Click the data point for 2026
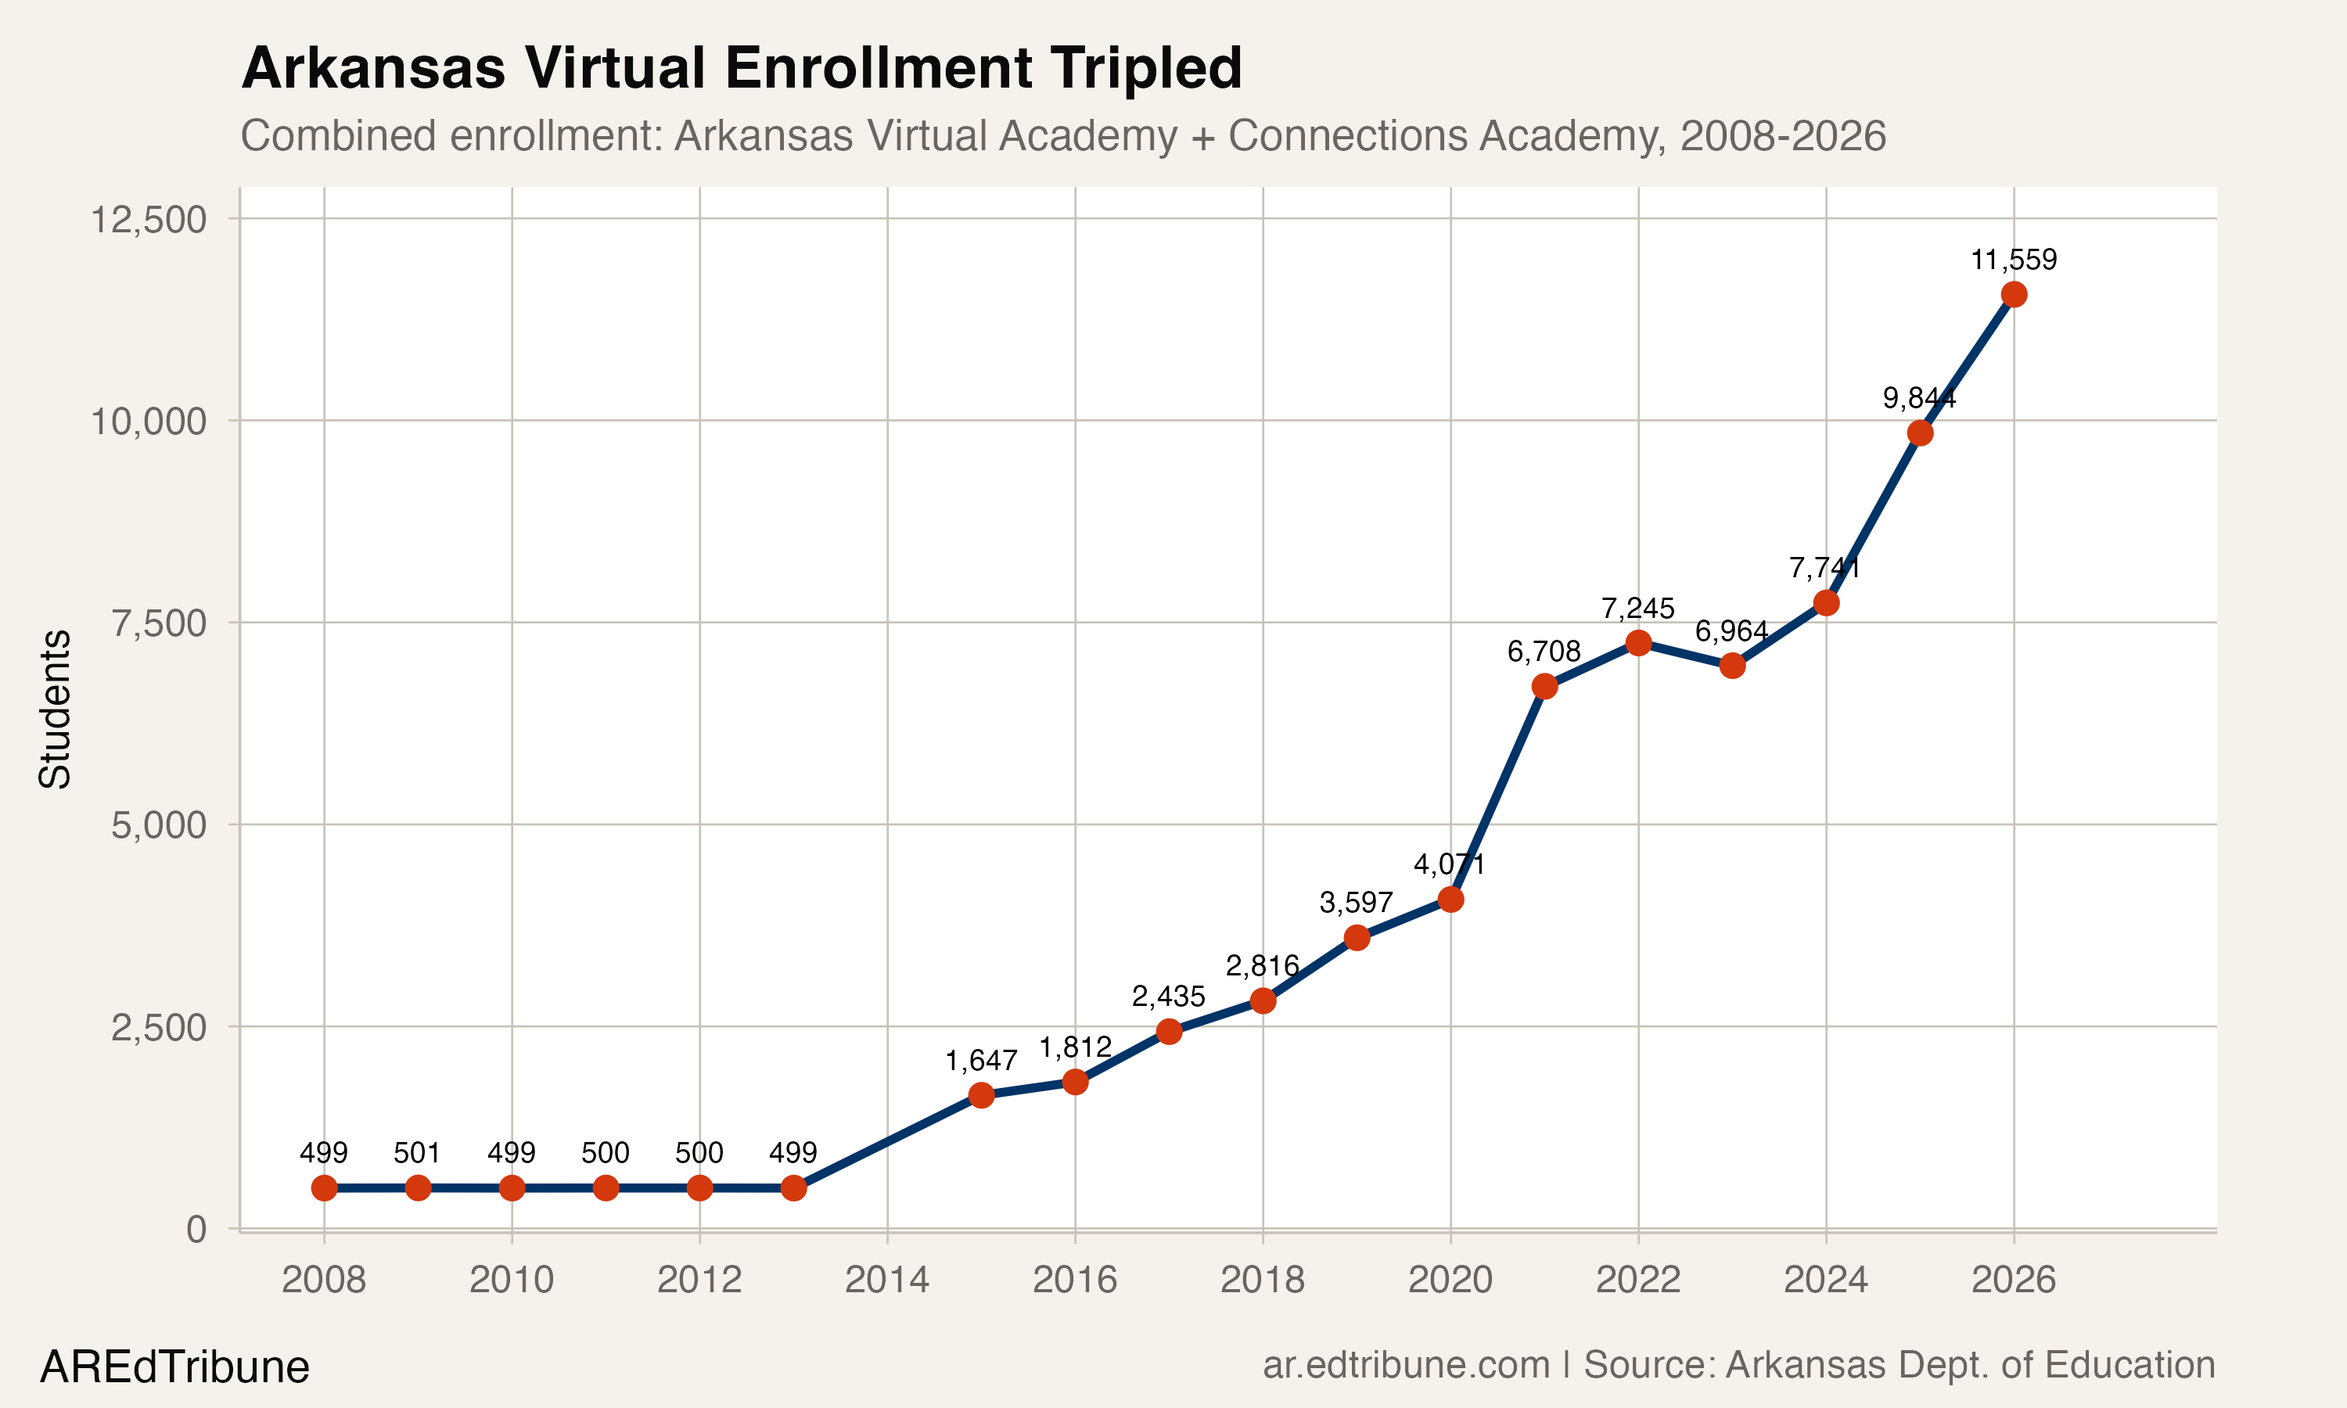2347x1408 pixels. pyautogui.click(x=2013, y=294)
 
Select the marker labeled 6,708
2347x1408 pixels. pyautogui.click(x=1544, y=686)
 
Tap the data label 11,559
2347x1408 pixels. pyautogui.click(x=2013, y=260)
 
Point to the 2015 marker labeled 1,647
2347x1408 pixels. pyautogui.click(x=981, y=1095)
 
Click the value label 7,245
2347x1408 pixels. pyautogui.click(x=1637, y=608)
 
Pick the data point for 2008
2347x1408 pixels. pyautogui.click(x=325, y=1188)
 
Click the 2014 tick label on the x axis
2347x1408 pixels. pyautogui.click(x=887, y=1280)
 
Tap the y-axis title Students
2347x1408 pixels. pyautogui.click(x=55, y=709)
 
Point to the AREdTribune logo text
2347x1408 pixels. pyautogui.click(x=174, y=1367)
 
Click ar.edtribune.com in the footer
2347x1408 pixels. pyautogui.click(x=1406, y=1364)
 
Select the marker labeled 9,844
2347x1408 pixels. pyautogui.click(x=1919, y=433)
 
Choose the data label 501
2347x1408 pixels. pyautogui.click(x=418, y=1153)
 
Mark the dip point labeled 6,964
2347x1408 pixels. pyautogui.click(x=1731, y=665)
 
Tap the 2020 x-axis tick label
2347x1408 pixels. pyautogui.click(x=1450, y=1280)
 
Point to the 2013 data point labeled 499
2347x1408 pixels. pyautogui.click(x=793, y=1188)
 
